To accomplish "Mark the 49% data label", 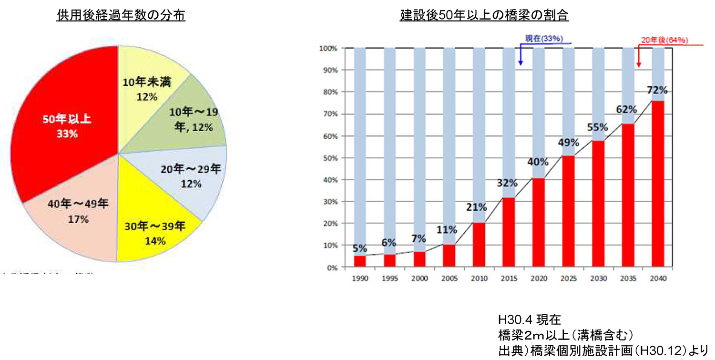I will click(569, 143).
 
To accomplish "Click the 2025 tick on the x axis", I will click(568, 278).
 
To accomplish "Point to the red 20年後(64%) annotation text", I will click(663, 41).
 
